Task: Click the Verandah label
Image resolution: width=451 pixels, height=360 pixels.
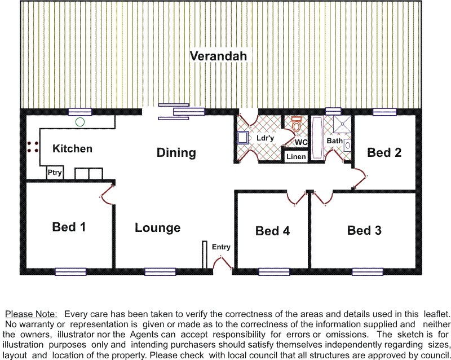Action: point(218,56)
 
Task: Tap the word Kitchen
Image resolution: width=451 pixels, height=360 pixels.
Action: point(73,148)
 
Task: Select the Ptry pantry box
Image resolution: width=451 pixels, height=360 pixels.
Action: point(55,173)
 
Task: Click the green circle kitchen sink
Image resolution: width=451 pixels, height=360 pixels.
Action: point(80,122)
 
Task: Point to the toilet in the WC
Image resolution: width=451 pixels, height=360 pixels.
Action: point(296,124)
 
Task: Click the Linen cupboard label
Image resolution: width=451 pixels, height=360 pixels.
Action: point(296,157)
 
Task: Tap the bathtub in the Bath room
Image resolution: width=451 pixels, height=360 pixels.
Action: point(317,137)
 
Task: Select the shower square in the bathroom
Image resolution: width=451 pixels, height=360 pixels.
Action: point(342,124)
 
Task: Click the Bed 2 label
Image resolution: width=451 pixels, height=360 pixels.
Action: point(384,152)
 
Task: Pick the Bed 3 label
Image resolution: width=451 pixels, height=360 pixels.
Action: point(364,230)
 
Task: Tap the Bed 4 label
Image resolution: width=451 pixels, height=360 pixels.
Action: point(273,231)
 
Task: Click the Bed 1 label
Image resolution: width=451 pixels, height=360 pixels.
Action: point(69,227)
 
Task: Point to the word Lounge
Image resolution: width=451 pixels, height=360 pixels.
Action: point(158,228)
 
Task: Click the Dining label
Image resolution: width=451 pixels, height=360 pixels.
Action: point(176,153)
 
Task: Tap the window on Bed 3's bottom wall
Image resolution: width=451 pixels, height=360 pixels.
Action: point(368,271)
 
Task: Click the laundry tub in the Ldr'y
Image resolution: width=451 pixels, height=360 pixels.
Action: point(243,137)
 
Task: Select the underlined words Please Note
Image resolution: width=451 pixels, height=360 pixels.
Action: point(32,314)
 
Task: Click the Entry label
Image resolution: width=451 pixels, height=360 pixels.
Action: point(221,247)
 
